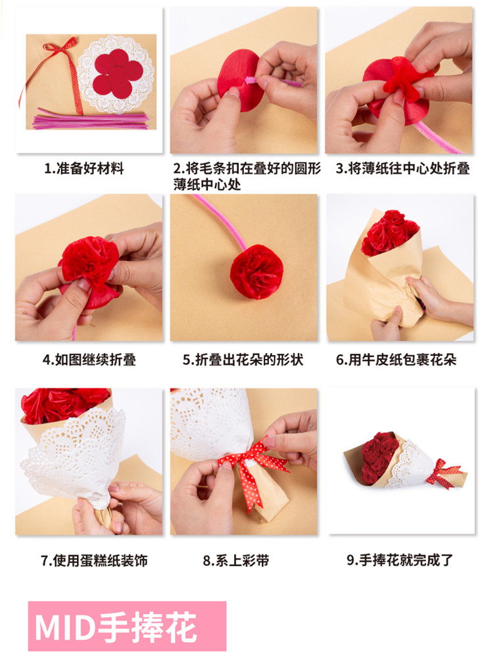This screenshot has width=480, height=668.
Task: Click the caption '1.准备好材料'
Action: (x=84, y=169)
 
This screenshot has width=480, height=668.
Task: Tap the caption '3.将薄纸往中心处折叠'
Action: (x=402, y=168)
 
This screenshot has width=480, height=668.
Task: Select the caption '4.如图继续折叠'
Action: (x=89, y=360)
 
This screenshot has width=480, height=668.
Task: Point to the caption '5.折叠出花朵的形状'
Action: (x=243, y=360)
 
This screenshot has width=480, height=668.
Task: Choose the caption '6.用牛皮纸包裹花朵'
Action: (x=396, y=360)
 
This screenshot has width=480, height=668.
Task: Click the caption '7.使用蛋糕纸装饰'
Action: (x=94, y=560)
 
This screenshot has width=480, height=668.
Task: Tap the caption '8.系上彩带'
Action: (x=236, y=560)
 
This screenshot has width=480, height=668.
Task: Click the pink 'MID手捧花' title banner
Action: (x=127, y=626)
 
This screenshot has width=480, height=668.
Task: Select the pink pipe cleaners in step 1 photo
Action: (x=90, y=119)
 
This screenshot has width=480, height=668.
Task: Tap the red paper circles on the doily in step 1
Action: (x=118, y=73)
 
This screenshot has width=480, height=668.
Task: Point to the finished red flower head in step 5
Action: (x=256, y=272)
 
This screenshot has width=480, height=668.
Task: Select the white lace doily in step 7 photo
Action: (x=74, y=456)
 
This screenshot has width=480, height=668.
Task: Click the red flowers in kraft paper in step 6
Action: (x=389, y=232)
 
